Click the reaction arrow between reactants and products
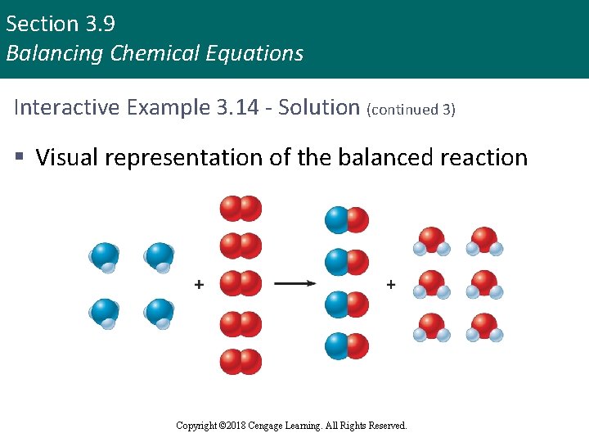294,284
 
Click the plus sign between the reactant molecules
200,284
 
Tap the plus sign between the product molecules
390,284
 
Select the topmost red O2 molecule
241,209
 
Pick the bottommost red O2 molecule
241,361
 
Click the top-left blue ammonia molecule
104,257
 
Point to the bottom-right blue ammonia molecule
160,313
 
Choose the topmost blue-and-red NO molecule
347,220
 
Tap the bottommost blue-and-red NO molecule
347,346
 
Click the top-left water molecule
430,241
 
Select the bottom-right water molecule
484,327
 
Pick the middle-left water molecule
430,285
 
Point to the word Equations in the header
261,54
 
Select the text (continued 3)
411,109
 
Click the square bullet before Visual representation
19,157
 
